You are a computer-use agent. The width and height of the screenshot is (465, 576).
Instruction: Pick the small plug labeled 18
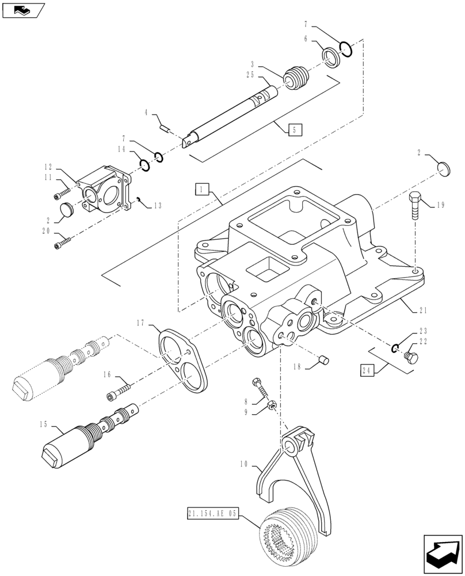pos(323,361)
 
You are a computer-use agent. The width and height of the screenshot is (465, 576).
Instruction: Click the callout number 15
pos(43,425)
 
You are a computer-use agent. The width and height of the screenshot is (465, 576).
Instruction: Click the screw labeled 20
pos(62,245)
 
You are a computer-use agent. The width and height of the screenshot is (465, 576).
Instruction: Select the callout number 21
pos(423,310)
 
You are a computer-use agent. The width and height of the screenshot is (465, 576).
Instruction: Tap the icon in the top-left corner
pos(22,10)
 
